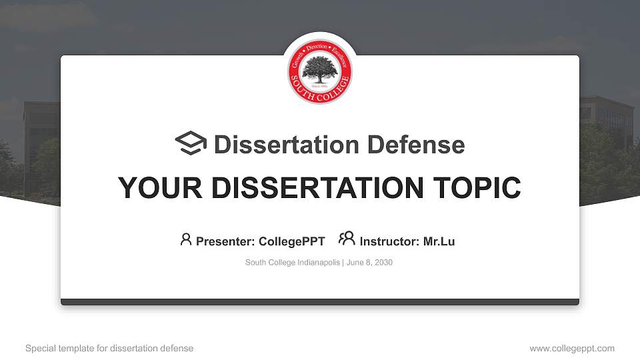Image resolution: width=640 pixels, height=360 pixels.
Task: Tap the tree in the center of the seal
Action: (x=320, y=69)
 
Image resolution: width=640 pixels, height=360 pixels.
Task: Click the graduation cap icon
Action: (x=191, y=143)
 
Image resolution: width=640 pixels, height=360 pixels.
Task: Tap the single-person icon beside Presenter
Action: (x=186, y=239)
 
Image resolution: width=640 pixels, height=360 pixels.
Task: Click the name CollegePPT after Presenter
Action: (x=292, y=241)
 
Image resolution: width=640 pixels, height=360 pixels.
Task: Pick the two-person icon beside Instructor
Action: (x=347, y=239)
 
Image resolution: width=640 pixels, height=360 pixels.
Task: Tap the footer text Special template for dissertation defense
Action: (x=109, y=348)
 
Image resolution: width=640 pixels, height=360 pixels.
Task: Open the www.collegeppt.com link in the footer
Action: (x=572, y=348)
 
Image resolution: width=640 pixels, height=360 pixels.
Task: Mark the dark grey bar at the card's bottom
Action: (x=320, y=302)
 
